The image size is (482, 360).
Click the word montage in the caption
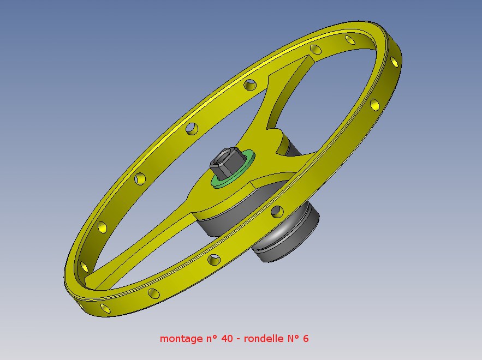coord(181,339)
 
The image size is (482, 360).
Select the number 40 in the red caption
coord(227,339)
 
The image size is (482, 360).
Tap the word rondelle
coord(264,339)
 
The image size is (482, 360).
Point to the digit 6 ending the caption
coord(306,339)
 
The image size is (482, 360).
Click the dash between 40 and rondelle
coord(239,339)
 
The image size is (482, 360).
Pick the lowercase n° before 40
coord(211,339)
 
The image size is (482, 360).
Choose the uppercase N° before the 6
coord(293,339)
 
